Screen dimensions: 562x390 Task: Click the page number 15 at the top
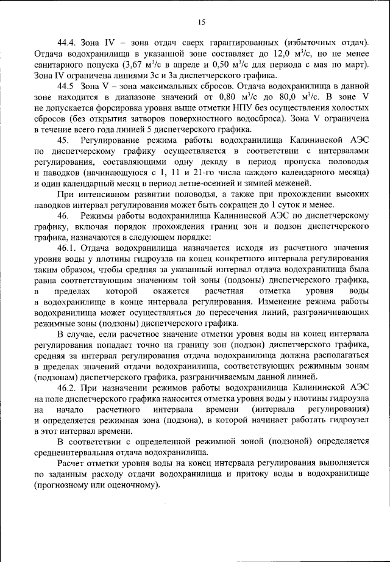point(202,23)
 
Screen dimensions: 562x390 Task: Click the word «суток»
point(292,204)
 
